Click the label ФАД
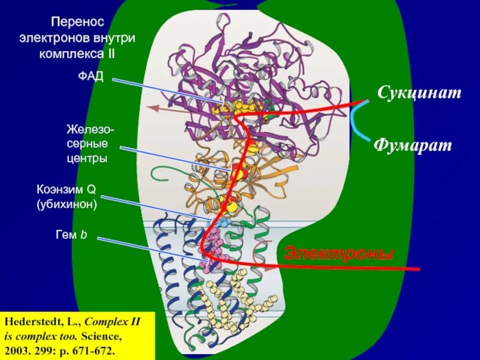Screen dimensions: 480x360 [91, 78]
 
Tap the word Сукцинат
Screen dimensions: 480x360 [419, 92]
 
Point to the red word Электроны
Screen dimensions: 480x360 [338, 253]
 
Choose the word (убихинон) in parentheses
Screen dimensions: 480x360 [66, 204]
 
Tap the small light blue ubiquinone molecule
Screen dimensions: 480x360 [218, 223]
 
